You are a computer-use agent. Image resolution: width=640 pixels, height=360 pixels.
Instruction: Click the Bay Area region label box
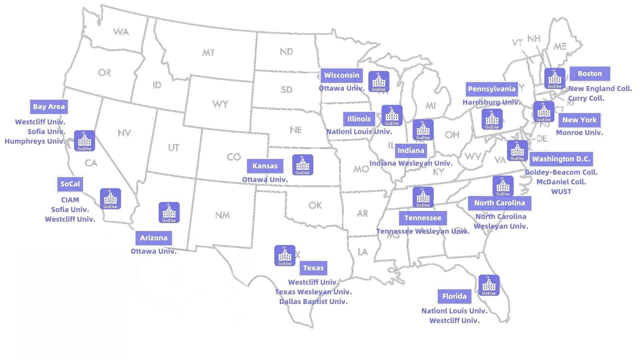[x=49, y=107]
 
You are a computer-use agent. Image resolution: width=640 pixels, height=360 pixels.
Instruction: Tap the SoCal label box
[x=70, y=184]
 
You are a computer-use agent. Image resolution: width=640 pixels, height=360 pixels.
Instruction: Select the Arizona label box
[x=154, y=238]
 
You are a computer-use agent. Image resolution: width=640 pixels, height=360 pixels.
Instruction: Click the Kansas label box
[x=265, y=166]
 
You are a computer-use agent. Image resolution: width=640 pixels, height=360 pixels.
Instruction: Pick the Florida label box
[x=454, y=296]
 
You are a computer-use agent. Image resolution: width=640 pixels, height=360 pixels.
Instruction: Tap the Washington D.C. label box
[x=561, y=159]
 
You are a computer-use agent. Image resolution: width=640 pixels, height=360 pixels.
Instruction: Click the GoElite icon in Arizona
[x=169, y=212]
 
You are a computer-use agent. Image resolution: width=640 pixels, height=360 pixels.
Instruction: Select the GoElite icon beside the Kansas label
[x=303, y=165]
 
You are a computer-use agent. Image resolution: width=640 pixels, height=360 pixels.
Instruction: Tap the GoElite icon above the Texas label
[x=285, y=256]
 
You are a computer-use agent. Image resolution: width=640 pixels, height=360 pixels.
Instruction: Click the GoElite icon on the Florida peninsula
[x=489, y=285]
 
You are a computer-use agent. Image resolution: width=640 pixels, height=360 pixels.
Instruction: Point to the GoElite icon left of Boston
[x=555, y=79]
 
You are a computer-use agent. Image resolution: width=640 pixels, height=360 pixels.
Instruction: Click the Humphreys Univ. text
[x=35, y=141]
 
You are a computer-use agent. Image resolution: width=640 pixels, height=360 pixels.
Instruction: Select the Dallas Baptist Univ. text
[x=313, y=302]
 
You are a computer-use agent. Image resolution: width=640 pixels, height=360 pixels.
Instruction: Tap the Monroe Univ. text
[x=579, y=133]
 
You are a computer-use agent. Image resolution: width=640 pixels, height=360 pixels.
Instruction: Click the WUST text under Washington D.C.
[x=561, y=192]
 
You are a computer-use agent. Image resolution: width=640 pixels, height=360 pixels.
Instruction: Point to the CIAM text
[x=70, y=200]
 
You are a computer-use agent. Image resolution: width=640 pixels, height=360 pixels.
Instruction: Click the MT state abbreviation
[x=208, y=53]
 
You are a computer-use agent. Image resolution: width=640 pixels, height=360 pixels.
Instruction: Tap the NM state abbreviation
[x=222, y=215]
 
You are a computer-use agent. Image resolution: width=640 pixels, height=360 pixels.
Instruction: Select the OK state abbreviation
[x=315, y=205]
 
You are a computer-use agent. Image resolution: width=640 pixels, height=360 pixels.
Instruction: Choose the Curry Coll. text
[x=586, y=98]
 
